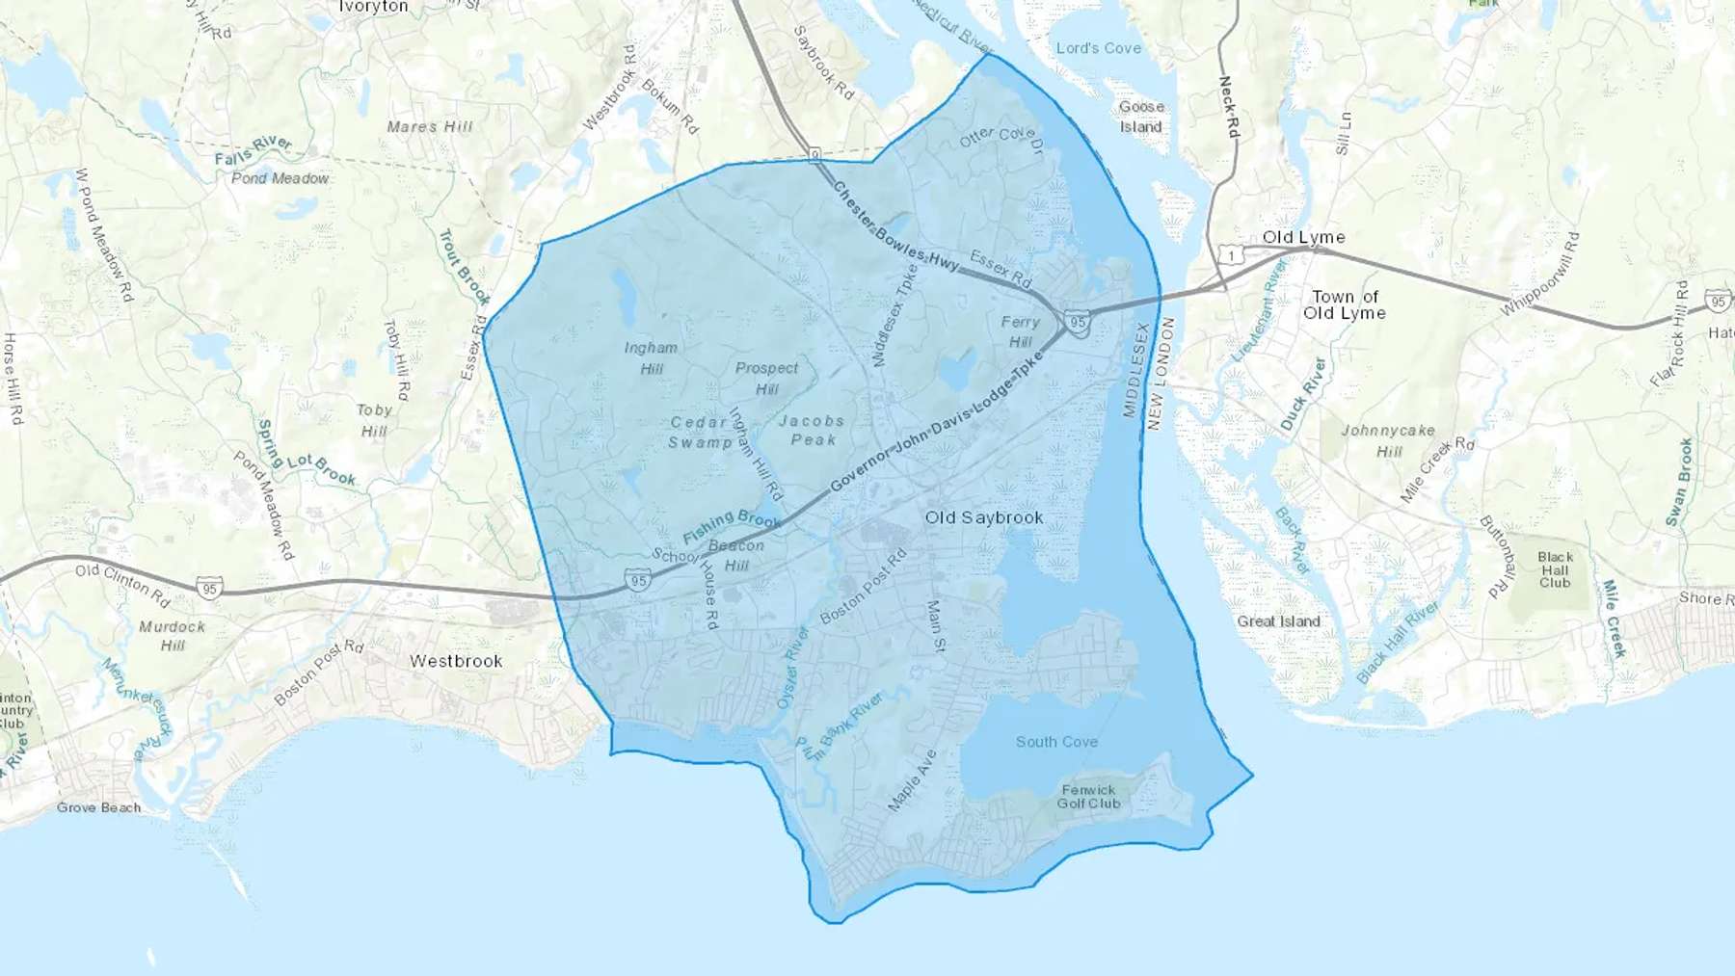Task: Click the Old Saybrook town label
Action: point(983,517)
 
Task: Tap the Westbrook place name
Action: point(456,661)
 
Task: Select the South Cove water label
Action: point(1056,742)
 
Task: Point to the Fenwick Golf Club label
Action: point(1088,797)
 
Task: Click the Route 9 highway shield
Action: point(814,154)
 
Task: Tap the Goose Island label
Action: point(1141,117)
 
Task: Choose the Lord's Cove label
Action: point(1098,48)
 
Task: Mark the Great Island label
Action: point(1278,621)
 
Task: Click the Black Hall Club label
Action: point(1555,569)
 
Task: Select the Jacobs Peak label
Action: point(812,430)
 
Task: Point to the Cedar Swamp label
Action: point(701,433)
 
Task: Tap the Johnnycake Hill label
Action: point(1388,440)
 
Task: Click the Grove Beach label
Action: point(98,807)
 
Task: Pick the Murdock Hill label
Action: point(173,636)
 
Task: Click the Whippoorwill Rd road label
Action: point(1540,274)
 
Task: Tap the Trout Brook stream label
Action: point(465,267)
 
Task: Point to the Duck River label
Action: point(1303,394)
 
